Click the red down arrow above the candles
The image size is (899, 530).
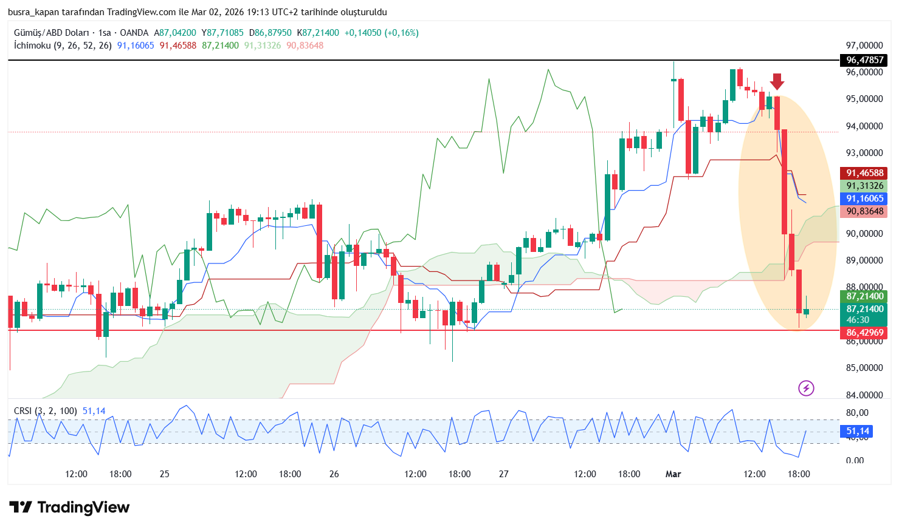click(777, 81)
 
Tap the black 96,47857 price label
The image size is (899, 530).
click(864, 60)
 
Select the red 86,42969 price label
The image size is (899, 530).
click(864, 333)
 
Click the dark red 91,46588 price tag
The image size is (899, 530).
click(864, 173)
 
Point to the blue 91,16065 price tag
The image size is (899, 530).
click(864, 199)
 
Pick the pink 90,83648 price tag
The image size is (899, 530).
click(864, 211)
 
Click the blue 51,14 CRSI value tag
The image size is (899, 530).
click(858, 431)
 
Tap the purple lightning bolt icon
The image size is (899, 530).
click(806, 388)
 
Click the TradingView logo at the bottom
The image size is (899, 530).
click(69, 508)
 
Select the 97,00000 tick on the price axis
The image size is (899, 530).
click(864, 46)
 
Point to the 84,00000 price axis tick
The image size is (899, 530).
click(864, 395)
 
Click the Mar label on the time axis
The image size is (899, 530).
click(673, 474)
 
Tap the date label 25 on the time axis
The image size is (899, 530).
click(164, 474)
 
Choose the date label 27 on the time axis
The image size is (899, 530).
click(503, 474)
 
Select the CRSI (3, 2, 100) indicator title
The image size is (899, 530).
click(46, 411)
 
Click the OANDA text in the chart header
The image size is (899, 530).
click(134, 33)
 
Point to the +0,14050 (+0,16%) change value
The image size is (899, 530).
click(381, 33)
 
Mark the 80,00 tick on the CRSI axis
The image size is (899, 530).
click(857, 413)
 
